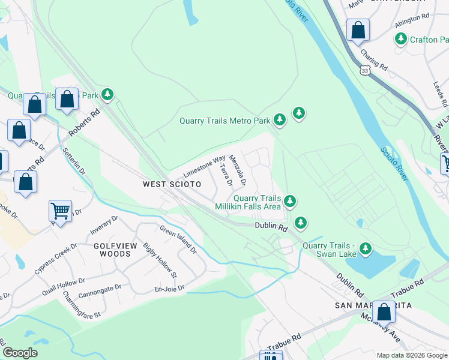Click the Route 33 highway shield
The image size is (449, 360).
coord(366,71)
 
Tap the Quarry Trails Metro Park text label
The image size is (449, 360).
coord(224,121)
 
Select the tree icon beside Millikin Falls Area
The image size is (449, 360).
coord(290,201)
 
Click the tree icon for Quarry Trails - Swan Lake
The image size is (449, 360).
coord(364,248)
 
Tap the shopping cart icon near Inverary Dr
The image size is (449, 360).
coord(60,211)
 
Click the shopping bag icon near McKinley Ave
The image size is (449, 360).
coord(384,312)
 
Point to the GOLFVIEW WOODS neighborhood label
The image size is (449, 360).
coord(112,250)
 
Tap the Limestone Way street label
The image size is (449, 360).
coord(203,164)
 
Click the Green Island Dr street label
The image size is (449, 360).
coord(178,238)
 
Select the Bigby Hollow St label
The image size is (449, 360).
coord(159,260)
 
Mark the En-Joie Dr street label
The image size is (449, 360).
coord(169,289)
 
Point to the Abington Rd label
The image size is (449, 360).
coord(412,22)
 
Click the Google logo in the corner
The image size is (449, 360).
coord(20,353)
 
